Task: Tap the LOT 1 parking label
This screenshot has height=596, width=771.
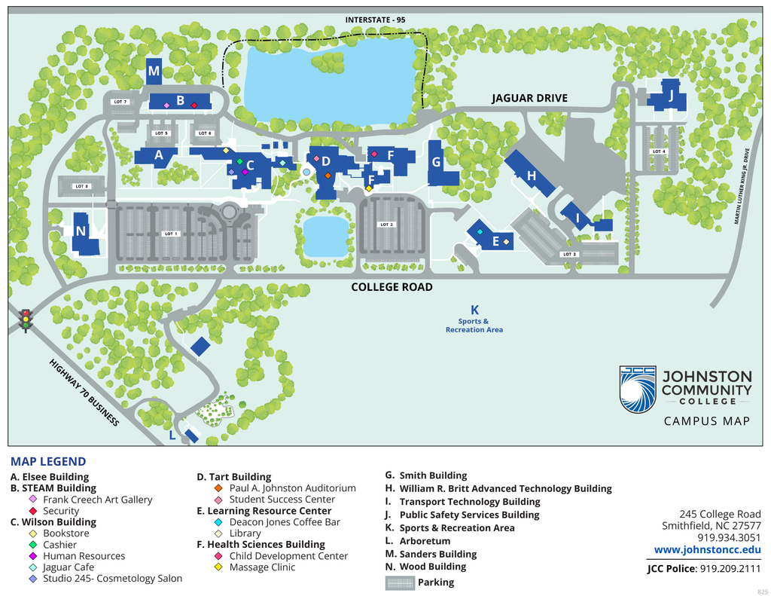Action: pos(171,234)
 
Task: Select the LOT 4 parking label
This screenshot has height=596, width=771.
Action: pos(659,151)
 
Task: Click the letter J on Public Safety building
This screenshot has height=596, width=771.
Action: pos(670,96)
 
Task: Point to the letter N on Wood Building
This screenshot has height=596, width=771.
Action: pos(80,231)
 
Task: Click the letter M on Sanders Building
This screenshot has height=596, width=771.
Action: pos(154,72)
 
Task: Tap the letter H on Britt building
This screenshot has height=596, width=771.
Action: pos(532,176)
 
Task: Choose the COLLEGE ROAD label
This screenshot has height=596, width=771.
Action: pos(392,287)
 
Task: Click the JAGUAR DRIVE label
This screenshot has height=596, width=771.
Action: pos(529,98)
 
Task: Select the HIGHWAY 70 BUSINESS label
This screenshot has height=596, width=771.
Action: pos(84,393)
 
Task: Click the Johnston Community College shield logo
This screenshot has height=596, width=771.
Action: pos(638,390)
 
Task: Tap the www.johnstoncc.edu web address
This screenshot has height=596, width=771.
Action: pos(707,550)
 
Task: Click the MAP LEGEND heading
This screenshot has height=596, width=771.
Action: pos(48,462)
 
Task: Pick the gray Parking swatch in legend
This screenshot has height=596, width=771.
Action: pos(400,582)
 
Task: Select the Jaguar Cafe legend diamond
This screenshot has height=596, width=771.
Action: pos(32,567)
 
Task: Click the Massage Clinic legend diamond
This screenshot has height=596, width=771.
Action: pos(218,567)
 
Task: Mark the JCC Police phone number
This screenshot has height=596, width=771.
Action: pos(730,569)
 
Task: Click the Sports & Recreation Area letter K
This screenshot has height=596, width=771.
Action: pos(474,310)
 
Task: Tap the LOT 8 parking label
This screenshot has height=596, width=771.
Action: pos(81,186)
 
